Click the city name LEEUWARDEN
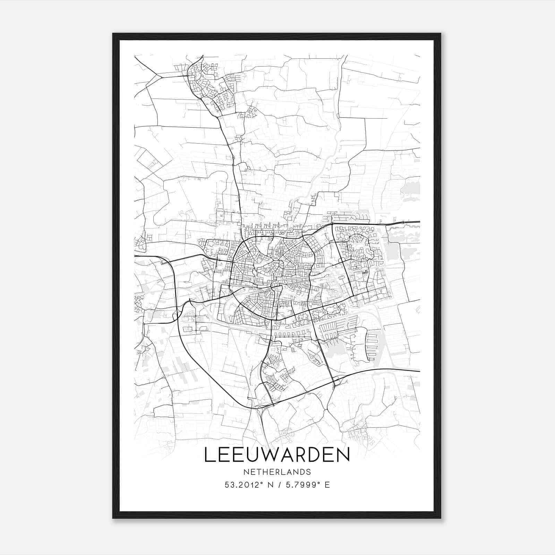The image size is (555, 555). [x=277, y=455]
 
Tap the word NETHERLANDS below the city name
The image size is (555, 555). [x=277, y=472]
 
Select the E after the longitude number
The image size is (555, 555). [x=327, y=485]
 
